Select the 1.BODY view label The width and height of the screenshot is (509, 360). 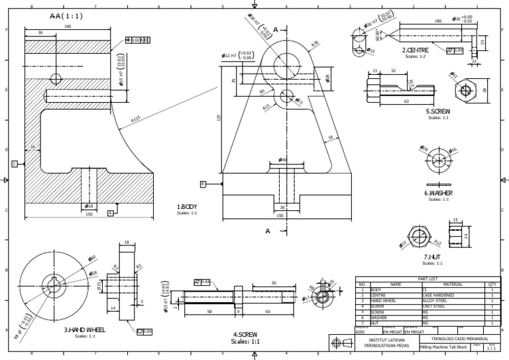coord(187,207)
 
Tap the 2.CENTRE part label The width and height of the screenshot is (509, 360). coord(415,50)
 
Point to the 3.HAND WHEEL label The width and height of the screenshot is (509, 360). coord(85,329)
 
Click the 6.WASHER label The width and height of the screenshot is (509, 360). coord(438,193)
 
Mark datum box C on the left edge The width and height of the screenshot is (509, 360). coord(14,162)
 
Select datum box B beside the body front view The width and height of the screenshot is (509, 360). coord(203,184)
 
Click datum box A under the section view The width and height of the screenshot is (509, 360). coord(110,213)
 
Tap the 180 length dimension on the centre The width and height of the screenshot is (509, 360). coord(437,21)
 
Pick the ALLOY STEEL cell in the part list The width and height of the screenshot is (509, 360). coord(439,300)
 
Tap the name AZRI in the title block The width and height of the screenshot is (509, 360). coord(360,331)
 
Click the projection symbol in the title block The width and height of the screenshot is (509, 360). coord(341,343)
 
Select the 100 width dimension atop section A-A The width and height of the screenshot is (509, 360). coord(68,26)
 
